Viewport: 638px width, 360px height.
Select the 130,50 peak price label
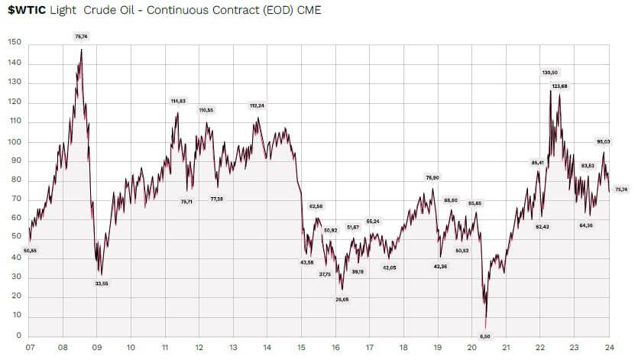(550, 73)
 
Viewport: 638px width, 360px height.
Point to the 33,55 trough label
(102, 284)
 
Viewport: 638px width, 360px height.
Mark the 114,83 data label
(178, 101)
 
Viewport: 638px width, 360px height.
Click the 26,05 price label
(342, 299)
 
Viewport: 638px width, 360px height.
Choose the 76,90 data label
(432, 177)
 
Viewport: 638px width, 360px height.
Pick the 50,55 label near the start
(31, 250)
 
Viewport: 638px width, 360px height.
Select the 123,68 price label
(560, 86)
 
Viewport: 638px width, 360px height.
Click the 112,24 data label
(257, 105)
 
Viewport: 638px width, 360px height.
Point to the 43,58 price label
(306, 262)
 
